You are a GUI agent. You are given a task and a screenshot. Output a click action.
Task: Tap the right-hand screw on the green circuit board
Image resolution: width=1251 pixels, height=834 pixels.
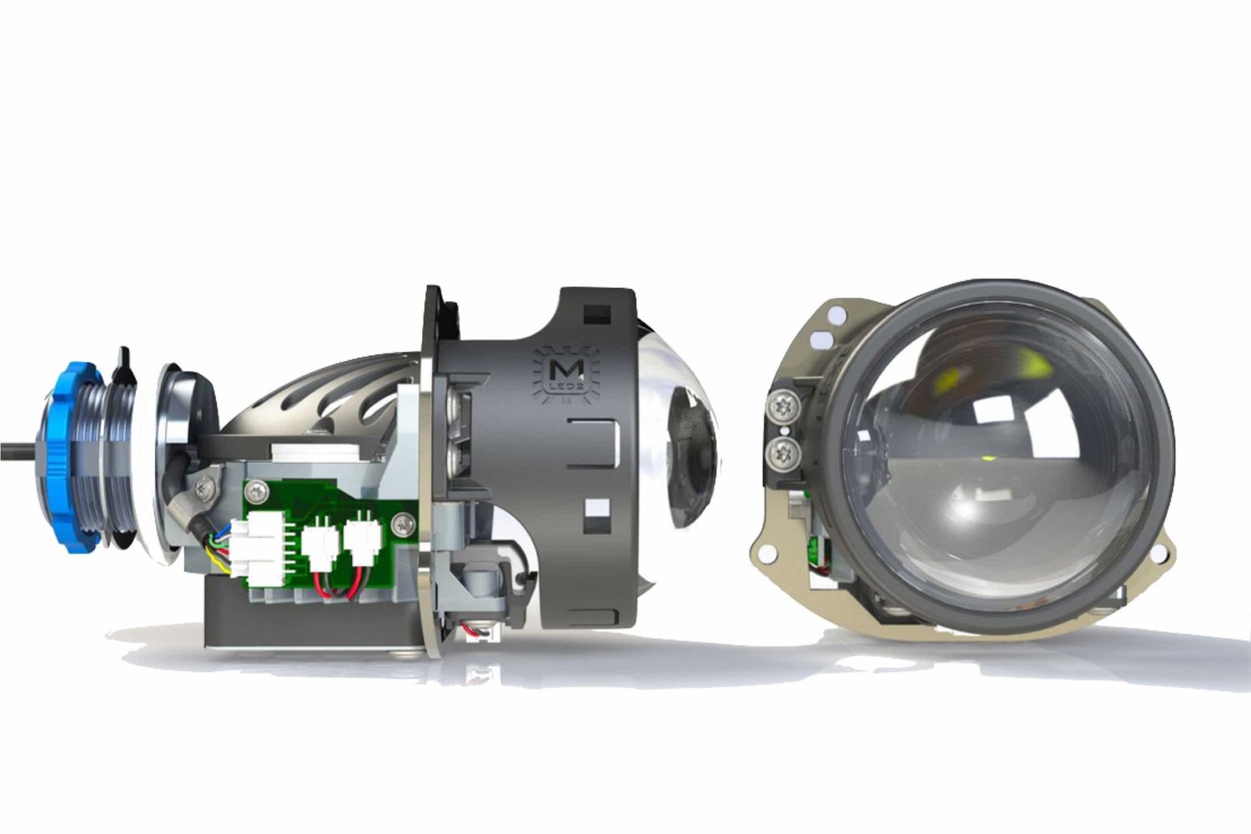[405, 524]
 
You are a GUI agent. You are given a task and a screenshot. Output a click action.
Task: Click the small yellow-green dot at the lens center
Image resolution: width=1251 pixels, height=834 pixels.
[986, 457]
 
